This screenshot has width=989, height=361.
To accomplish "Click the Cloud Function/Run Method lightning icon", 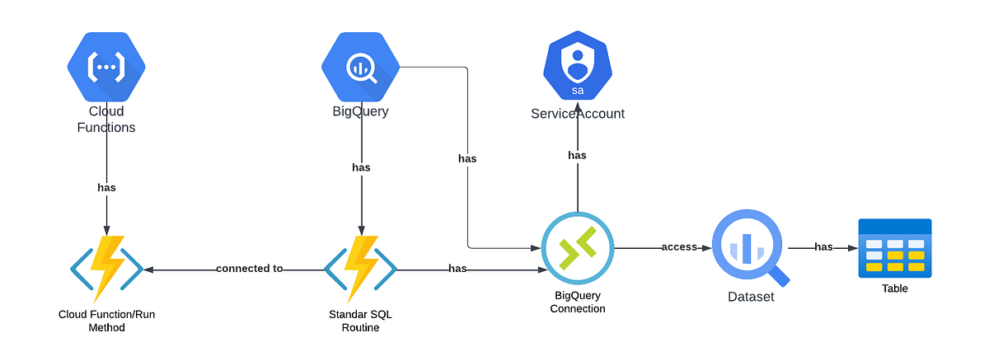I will [x=106, y=269].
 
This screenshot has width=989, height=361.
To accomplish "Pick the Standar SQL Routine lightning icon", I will [x=361, y=269].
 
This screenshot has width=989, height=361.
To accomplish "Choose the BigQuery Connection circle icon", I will [x=578, y=248].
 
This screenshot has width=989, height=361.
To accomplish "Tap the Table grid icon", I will [x=894, y=247].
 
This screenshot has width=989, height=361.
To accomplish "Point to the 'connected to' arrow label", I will [x=249, y=269].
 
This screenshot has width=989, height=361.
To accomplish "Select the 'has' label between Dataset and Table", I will [x=823, y=247].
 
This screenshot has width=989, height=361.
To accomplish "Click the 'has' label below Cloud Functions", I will [x=106, y=187].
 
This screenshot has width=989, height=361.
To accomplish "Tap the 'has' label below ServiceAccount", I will [x=578, y=155].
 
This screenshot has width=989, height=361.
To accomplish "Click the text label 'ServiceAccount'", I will [x=578, y=114].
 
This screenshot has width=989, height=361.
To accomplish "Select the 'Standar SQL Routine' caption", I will [x=361, y=321].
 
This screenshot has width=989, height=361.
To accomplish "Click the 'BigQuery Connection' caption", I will [x=578, y=302].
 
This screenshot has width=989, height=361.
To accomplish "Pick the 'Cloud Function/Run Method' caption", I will [x=106, y=321].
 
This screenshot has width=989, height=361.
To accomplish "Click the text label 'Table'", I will [x=894, y=288].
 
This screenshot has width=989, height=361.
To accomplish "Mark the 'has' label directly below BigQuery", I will [x=361, y=167].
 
